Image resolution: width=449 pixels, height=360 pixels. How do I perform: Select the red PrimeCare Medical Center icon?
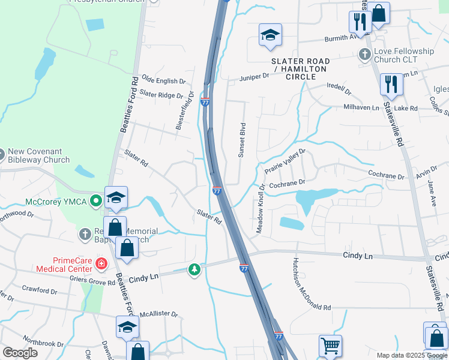click(101, 263)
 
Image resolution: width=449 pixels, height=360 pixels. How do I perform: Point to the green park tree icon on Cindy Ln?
click(194, 270)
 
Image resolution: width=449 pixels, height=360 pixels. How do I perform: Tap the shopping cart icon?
click(330, 346)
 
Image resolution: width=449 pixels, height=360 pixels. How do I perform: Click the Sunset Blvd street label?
click(243, 140)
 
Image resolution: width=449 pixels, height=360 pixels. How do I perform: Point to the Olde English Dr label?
click(160, 81)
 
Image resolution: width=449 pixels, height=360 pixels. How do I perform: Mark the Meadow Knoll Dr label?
click(261, 208)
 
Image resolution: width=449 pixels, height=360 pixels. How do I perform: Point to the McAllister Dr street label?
click(158, 314)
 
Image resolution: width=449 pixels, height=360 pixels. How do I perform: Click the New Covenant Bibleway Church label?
click(38, 155)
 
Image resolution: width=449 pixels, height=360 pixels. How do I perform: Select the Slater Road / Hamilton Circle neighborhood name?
click(301, 69)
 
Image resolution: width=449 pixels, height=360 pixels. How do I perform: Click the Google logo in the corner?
click(20, 353)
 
